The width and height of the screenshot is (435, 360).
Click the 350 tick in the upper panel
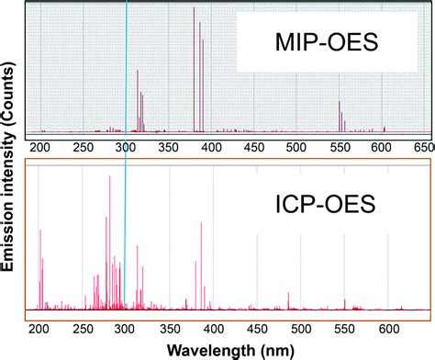[x=168, y=146]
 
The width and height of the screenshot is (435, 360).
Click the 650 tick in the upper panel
[x=423, y=146]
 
